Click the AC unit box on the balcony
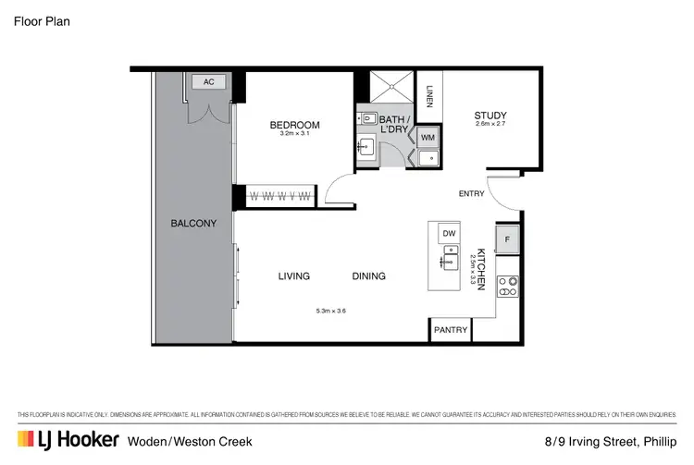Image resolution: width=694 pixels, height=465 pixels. (208, 81)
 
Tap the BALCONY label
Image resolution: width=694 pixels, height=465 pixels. (193, 223)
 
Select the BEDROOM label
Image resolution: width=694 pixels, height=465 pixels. (294, 125)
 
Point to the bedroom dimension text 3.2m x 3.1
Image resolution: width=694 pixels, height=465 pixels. (294, 135)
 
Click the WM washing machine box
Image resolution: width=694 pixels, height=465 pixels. (428, 138)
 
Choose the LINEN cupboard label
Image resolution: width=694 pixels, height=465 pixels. (430, 95)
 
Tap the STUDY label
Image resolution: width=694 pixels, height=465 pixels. (490, 116)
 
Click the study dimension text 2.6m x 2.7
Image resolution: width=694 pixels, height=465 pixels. (490, 125)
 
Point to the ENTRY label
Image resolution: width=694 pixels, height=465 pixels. (472, 193)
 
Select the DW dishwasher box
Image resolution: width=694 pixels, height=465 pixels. (448, 233)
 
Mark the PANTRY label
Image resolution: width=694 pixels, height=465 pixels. (452, 330)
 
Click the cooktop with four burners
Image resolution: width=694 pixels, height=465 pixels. (507, 286)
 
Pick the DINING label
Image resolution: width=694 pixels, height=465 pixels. (368, 275)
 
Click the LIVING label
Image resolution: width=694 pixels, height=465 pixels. (294, 275)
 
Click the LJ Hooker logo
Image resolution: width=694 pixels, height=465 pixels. (68, 440)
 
